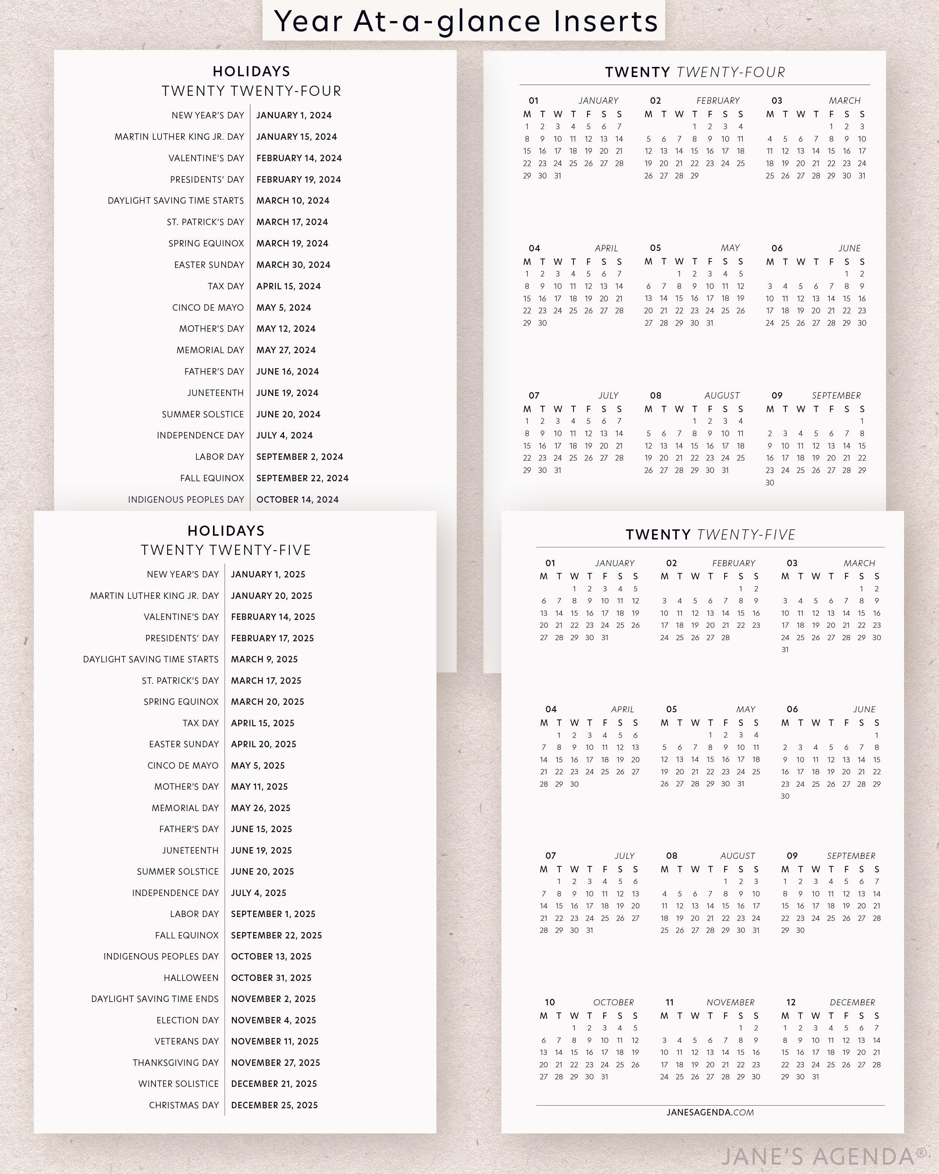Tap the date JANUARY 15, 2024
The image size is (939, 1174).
[297, 137]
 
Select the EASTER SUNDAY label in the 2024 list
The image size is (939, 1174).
[209, 264]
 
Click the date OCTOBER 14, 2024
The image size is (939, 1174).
[297, 499]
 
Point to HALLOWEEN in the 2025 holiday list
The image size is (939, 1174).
[191, 978]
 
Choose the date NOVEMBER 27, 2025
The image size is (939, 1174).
[275, 1062]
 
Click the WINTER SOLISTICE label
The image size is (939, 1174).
[178, 1083]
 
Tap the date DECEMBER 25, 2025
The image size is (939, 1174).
[274, 1105]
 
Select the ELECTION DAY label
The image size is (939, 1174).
[187, 1020]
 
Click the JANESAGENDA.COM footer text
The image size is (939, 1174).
[710, 1112]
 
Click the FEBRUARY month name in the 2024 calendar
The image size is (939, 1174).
[717, 101]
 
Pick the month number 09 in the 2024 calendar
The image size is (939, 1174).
[777, 395]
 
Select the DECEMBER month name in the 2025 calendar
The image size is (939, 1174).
[852, 1002]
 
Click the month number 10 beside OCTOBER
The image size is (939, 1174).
[550, 1002]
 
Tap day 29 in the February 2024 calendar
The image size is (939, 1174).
[694, 176]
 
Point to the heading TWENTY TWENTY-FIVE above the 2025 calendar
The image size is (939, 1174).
[710, 535]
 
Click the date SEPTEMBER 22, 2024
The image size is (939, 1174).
[302, 478]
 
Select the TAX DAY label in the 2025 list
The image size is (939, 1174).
[200, 723]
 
